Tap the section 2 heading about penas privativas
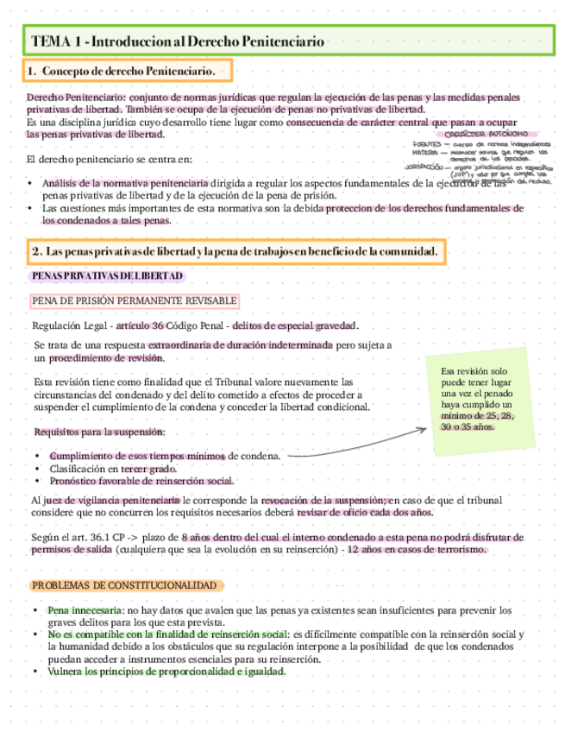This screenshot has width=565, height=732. point(235,251)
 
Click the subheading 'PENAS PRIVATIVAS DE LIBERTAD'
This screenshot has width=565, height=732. point(107,274)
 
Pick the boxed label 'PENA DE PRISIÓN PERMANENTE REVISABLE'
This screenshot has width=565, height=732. point(134,300)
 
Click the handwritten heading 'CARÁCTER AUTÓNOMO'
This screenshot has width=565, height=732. point(488,134)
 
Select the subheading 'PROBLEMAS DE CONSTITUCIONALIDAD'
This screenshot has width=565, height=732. point(124,586)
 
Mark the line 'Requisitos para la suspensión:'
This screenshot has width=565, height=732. point(99,432)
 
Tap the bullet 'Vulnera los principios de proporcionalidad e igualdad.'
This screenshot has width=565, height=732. point(166,671)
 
